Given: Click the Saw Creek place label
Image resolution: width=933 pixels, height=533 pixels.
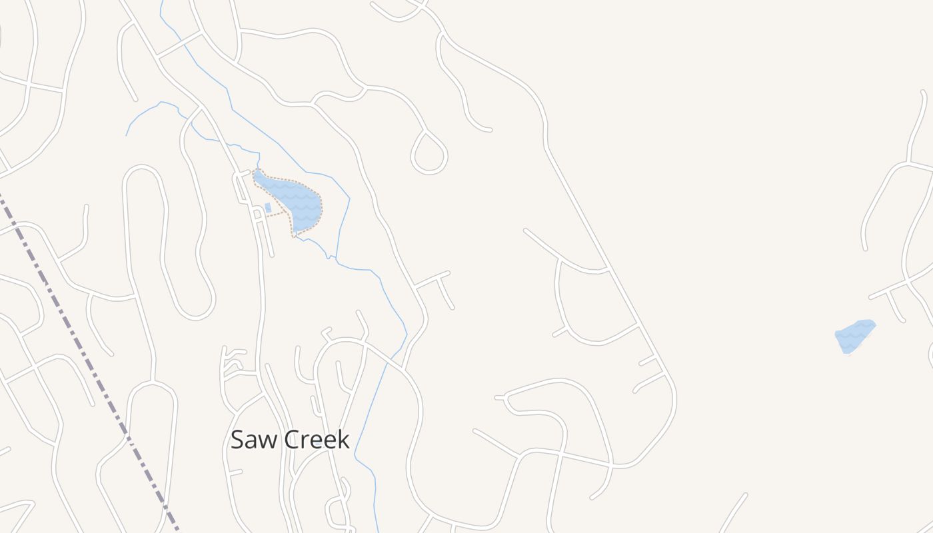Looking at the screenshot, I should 290,440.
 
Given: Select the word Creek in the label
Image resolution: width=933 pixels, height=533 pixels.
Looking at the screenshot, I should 317,440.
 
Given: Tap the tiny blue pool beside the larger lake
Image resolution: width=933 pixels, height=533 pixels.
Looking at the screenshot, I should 268,208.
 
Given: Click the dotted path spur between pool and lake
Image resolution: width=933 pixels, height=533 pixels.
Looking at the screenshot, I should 276,214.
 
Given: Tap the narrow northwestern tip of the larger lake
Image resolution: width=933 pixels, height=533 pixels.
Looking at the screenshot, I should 257,173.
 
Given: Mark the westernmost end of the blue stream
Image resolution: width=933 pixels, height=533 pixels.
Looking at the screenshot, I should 127,135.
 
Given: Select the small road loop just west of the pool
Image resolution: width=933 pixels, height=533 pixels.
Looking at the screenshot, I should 257,213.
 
